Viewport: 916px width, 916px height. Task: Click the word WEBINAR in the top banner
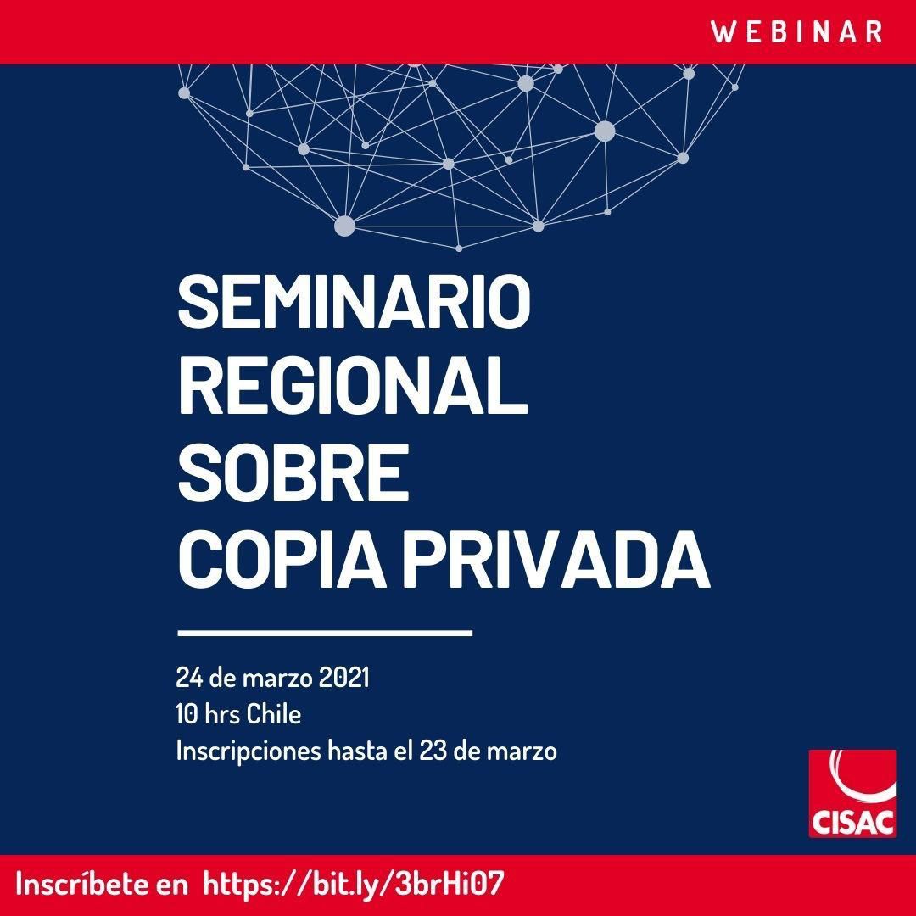coord(796,31)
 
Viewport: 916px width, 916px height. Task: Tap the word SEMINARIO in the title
coord(354,303)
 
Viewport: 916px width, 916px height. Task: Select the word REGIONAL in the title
coord(353,388)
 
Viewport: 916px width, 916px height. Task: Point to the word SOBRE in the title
coord(293,472)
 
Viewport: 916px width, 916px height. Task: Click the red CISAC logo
coord(852,793)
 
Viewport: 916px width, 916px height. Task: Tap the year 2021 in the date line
coord(344,679)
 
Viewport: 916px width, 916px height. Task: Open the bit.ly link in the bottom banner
coord(353,884)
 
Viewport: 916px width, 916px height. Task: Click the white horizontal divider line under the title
coord(325,632)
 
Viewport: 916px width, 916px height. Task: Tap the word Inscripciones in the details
coord(249,751)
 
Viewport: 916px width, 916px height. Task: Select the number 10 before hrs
coord(187,714)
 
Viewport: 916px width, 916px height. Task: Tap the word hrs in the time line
coord(222,714)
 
